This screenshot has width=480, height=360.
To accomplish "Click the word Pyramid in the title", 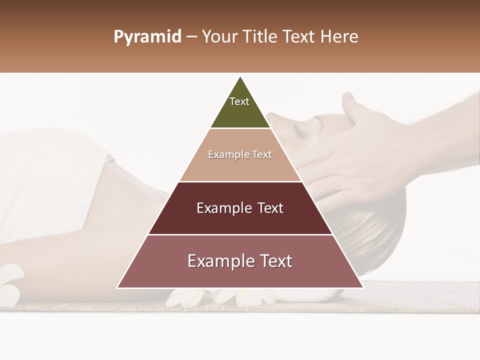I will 147,37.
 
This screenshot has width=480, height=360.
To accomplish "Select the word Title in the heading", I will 260,37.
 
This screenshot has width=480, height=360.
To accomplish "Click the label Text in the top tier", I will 239,101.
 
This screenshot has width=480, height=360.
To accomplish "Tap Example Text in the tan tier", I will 240,154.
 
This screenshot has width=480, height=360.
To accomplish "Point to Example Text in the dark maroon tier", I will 240,208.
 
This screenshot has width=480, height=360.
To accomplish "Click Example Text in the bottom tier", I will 240,261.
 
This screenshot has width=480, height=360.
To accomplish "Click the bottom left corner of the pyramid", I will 117,287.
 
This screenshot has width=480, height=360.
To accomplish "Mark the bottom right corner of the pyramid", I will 362,287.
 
